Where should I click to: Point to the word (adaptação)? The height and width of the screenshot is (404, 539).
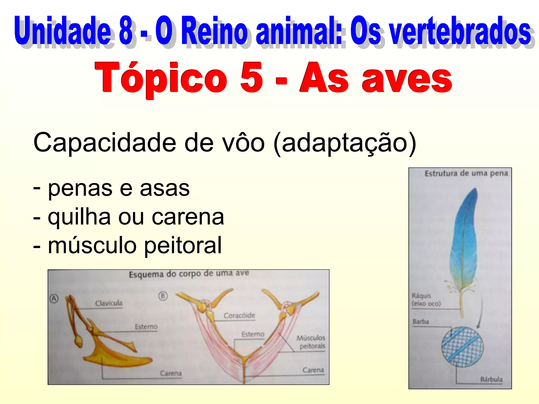tap(345, 143)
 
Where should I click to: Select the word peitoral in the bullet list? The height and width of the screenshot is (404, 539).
tap(183, 245)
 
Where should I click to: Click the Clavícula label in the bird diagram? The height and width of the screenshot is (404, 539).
tap(109, 303)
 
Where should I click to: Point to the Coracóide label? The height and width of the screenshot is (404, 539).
tap(239, 315)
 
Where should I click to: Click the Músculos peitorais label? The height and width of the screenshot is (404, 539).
tap(311, 342)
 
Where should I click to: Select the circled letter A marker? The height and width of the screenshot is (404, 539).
tap(54, 299)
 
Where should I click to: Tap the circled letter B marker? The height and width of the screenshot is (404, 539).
tap(163, 296)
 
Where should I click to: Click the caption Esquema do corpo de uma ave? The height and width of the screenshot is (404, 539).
tap(189, 274)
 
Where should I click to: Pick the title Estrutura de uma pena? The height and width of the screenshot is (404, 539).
tap(466, 173)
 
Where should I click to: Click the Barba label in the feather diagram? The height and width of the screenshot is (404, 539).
tap(421, 321)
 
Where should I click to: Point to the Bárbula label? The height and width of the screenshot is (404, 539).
tap(491, 379)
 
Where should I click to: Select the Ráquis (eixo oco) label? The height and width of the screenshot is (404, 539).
tap(426, 300)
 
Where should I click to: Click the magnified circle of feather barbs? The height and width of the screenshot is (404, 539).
tap(462, 347)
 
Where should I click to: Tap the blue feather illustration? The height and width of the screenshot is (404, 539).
tap(464, 242)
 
